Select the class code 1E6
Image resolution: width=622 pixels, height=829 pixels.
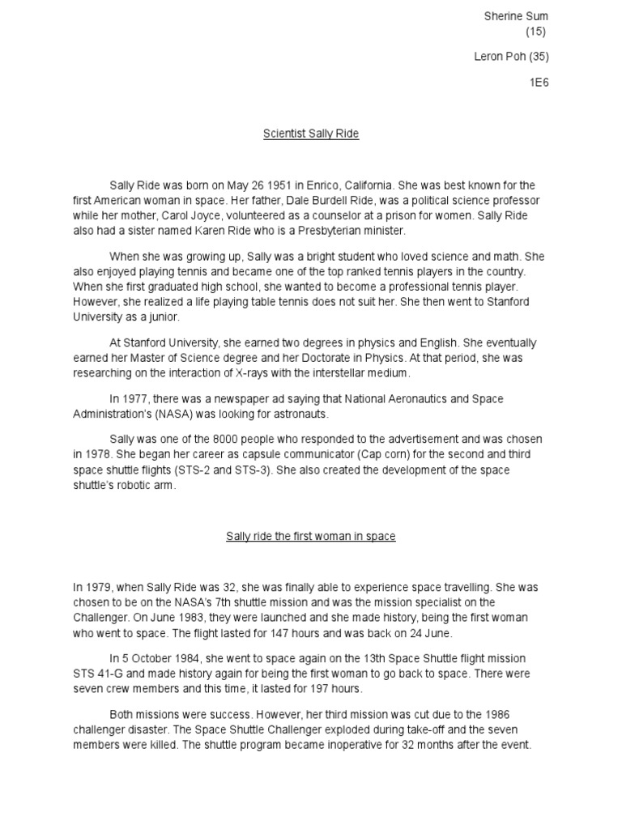539,83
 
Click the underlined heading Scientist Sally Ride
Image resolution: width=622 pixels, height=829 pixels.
311,134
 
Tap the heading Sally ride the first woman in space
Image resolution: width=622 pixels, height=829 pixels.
311,536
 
